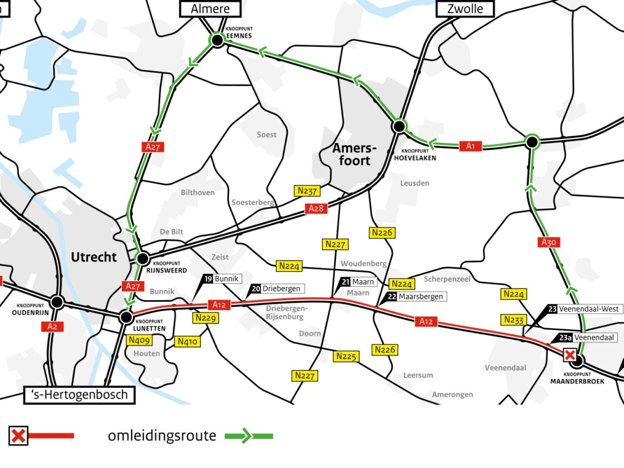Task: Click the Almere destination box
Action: (210, 9)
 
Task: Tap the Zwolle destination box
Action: (465, 9)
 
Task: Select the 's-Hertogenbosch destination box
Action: (79, 395)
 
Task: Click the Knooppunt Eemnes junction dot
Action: (217, 40)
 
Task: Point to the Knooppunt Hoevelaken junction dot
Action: (399, 126)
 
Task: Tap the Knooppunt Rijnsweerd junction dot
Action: (143, 258)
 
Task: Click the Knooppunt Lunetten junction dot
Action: (126, 318)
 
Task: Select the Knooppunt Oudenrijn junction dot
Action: (57, 302)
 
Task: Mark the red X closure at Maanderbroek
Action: (569, 355)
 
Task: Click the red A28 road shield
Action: (316, 209)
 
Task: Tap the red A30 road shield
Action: (548, 242)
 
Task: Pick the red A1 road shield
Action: (470, 146)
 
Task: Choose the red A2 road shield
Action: (52, 327)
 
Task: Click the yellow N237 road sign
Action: (307, 191)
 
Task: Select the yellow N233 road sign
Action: (513, 320)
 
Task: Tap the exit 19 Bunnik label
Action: (222, 279)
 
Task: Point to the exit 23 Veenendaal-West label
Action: (584, 309)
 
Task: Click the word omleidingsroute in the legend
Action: (162, 435)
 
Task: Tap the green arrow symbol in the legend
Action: (248, 436)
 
